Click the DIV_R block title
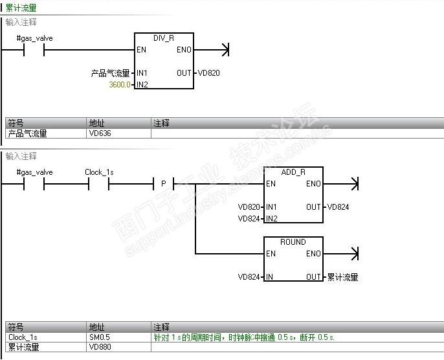click(164, 38)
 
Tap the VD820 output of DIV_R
click(208, 73)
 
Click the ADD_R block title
click(293, 172)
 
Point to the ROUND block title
click(293, 242)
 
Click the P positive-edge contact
click(164, 185)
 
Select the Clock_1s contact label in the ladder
click(99, 172)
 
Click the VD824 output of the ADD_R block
click(338, 207)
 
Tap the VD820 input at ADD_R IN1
click(249, 207)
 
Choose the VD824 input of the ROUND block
click(249, 277)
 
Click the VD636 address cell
click(99, 133)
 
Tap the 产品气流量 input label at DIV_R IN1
click(111, 73)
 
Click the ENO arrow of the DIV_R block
click(224, 50)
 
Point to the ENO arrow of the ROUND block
click(353, 254)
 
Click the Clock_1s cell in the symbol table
click(23, 337)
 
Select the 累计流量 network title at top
click(21, 8)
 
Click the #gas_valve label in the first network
click(34, 38)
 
